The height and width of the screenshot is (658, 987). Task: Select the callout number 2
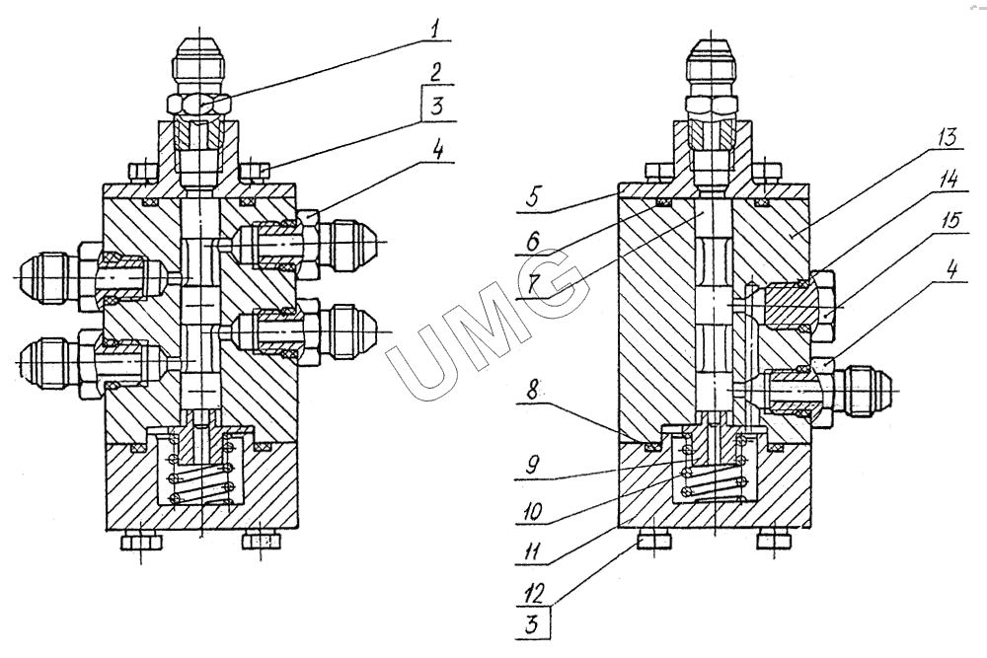click(x=433, y=72)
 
